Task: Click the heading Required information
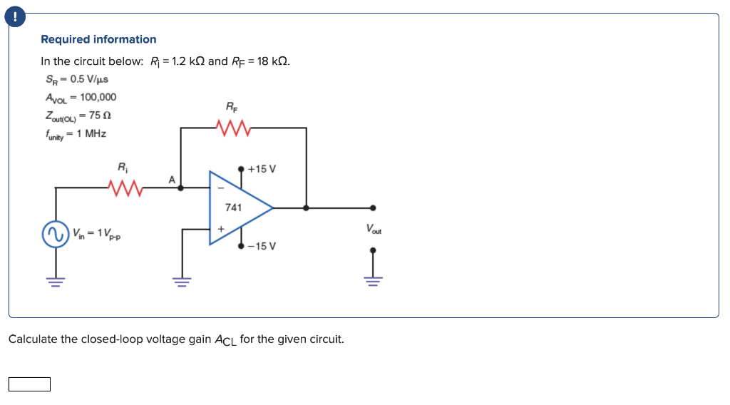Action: pos(98,39)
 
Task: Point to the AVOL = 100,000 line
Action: pos(81,97)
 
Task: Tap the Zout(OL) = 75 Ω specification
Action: pos(78,116)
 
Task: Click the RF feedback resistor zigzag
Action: pos(234,128)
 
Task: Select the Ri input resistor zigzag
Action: pos(125,188)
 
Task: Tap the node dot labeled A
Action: pos(181,188)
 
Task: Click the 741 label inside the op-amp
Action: pos(233,207)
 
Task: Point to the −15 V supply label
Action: pos(262,246)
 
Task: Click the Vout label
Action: pos(374,229)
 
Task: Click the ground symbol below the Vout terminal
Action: pos(373,279)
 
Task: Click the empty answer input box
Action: pos(29,384)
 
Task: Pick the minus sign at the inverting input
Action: pos(220,188)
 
